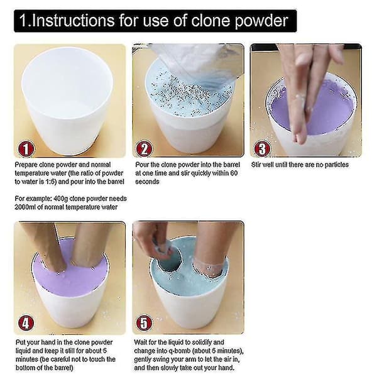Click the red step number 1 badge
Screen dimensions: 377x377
tap(26, 149)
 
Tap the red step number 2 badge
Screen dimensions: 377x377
tap(144, 149)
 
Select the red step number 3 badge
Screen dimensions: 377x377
tap(262, 149)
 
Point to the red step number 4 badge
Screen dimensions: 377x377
tap(26, 323)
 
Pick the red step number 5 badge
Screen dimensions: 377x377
tap(144, 323)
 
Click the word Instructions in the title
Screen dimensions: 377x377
tap(73, 21)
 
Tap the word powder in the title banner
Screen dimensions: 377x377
tap(261, 21)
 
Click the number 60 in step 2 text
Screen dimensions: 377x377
tap(234, 173)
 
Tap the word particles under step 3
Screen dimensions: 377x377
tap(336, 165)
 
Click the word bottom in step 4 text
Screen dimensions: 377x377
tap(26, 368)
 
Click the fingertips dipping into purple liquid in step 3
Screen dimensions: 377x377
tap(299, 134)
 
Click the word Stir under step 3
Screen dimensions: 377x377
tap(256, 165)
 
